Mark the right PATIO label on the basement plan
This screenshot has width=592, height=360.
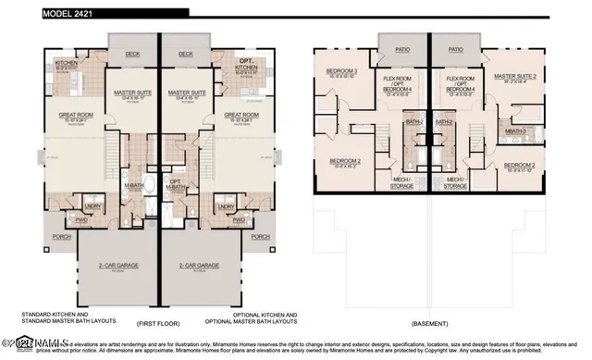point(455,50)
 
